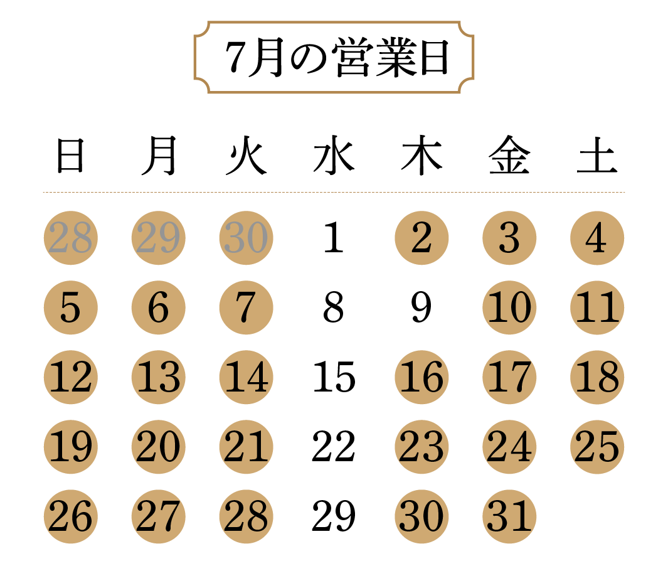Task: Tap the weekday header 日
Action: click(x=71, y=156)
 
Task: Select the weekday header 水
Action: click(x=334, y=155)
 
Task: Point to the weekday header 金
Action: click(x=509, y=155)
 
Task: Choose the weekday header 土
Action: click(x=597, y=155)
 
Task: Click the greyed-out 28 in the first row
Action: click(x=71, y=238)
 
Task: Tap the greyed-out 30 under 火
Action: click(x=247, y=238)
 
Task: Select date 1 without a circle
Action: click(x=334, y=237)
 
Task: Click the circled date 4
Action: click(x=597, y=238)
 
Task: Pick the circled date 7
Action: click(x=247, y=307)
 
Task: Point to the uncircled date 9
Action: click(x=421, y=307)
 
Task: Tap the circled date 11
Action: click(x=597, y=307)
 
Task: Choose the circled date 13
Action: click(x=159, y=377)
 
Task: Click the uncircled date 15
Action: click(x=334, y=376)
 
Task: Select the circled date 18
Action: click(x=597, y=377)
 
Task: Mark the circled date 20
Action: click(x=159, y=447)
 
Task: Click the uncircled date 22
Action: click(x=334, y=446)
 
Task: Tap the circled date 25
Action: click(x=597, y=447)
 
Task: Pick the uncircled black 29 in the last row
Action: click(x=334, y=516)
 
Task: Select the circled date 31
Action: click(x=509, y=516)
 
